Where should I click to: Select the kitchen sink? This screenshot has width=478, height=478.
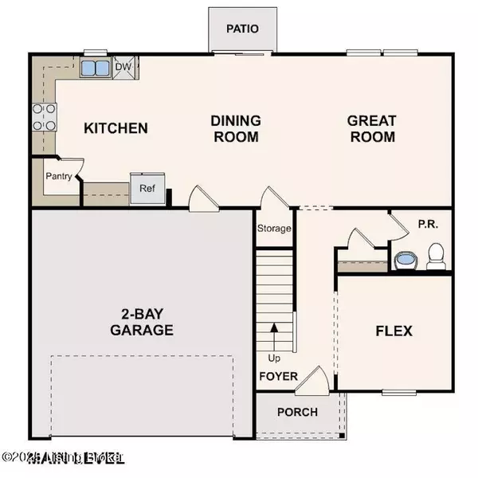point(96,68)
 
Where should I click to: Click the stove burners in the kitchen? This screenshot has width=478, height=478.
point(43,116)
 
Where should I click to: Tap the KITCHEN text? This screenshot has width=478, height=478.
point(116,127)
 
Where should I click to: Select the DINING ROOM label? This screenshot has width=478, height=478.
point(236,128)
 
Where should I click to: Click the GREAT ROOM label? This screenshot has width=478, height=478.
point(371,128)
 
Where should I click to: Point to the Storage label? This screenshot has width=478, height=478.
point(273,229)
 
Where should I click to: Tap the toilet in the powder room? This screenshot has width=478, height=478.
point(435,257)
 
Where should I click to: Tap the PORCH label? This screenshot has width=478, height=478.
point(297,412)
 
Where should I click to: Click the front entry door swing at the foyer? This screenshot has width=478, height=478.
point(312,381)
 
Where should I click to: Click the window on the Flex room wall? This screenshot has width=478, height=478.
point(398,392)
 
